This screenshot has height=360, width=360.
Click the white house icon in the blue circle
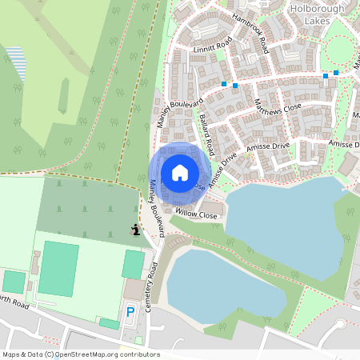tap(180, 173)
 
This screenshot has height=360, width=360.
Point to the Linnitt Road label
tap(212, 46)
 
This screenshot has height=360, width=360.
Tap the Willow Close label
tap(197, 215)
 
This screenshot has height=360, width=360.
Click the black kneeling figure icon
tap(136, 230)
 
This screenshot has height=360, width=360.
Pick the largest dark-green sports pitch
tap(58, 268)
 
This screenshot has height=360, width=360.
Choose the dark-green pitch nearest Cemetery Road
tap(133, 263)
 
